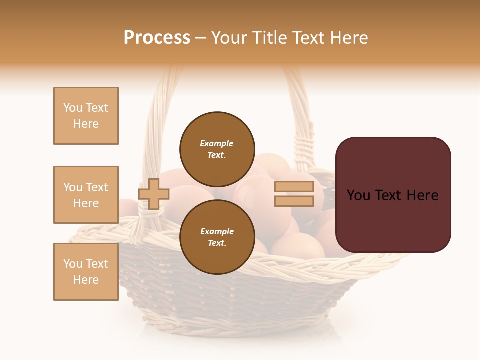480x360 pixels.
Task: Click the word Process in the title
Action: tap(157, 38)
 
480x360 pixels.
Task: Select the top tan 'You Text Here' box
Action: tap(86, 116)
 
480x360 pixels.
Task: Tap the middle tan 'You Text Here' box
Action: tap(86, 195)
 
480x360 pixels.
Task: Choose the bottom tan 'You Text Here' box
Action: tap(86, 272)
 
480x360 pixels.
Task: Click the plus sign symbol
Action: tap(153, 194)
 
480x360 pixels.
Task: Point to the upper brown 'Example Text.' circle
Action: tap(217, 149)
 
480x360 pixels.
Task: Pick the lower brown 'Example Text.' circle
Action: tap(217, 237)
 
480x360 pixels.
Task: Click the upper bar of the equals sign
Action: tap(294, 186)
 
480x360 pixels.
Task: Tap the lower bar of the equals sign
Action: tap(294, 201)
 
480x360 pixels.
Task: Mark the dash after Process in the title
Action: tap(200, 38)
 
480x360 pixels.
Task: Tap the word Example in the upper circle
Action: tap(217, 143)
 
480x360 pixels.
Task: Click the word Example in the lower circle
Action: tap(217, 231)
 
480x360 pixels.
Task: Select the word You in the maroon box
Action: tap(358, 195)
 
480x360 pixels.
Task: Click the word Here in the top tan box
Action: tap(86, 124)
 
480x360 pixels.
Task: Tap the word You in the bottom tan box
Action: tap(73, 264)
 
